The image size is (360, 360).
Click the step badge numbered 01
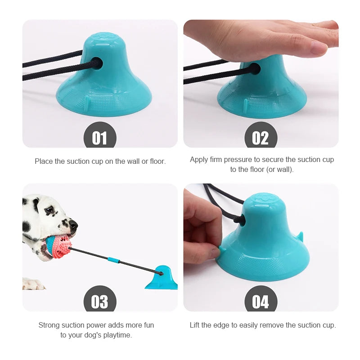(99, 136)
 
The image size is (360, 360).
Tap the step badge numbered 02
(261, 136)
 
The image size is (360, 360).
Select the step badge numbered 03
(99, 300)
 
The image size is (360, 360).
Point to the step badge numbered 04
(261, 300)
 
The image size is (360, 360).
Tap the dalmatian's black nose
(73, 224)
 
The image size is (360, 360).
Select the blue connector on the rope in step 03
(113, 260)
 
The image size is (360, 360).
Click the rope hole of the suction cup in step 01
(97, 63)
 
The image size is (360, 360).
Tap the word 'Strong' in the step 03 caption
(49, 325)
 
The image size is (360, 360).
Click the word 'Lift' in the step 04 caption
(196, 325)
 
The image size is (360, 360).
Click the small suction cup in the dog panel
(162, 279)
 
